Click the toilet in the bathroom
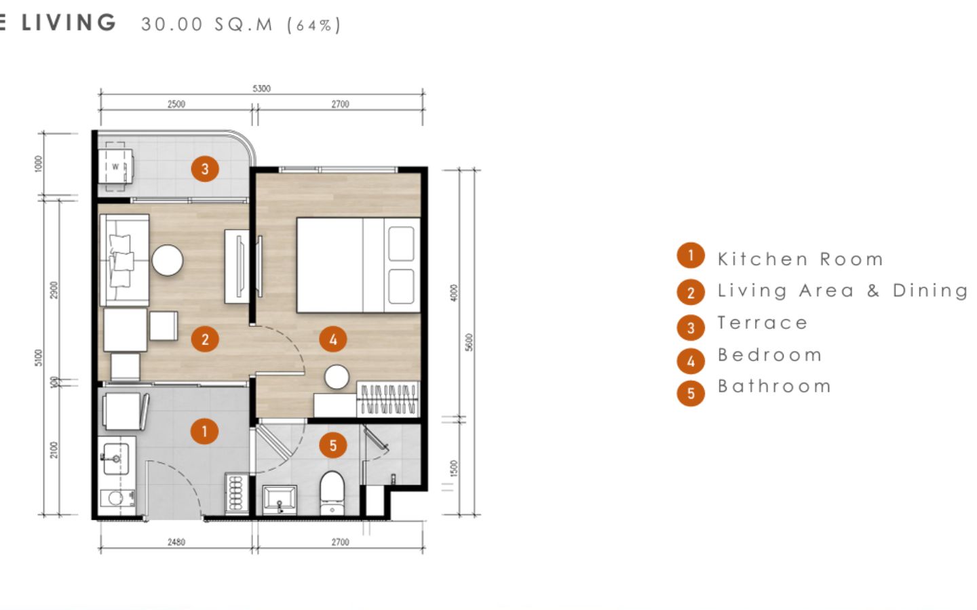332,493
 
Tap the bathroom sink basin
280,500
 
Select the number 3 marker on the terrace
205,169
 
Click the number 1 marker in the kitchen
205,431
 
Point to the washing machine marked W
115,167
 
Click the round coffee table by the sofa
168,260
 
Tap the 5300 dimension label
262,88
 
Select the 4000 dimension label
454,292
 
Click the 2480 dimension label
176,542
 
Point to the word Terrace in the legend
763,323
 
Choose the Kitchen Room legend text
801,259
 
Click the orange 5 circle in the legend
691,393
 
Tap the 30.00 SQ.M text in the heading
207,24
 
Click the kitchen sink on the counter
116,458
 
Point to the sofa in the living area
124,260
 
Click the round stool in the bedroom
337,377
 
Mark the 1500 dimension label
454,468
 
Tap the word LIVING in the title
69,22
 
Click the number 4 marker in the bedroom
333,340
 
